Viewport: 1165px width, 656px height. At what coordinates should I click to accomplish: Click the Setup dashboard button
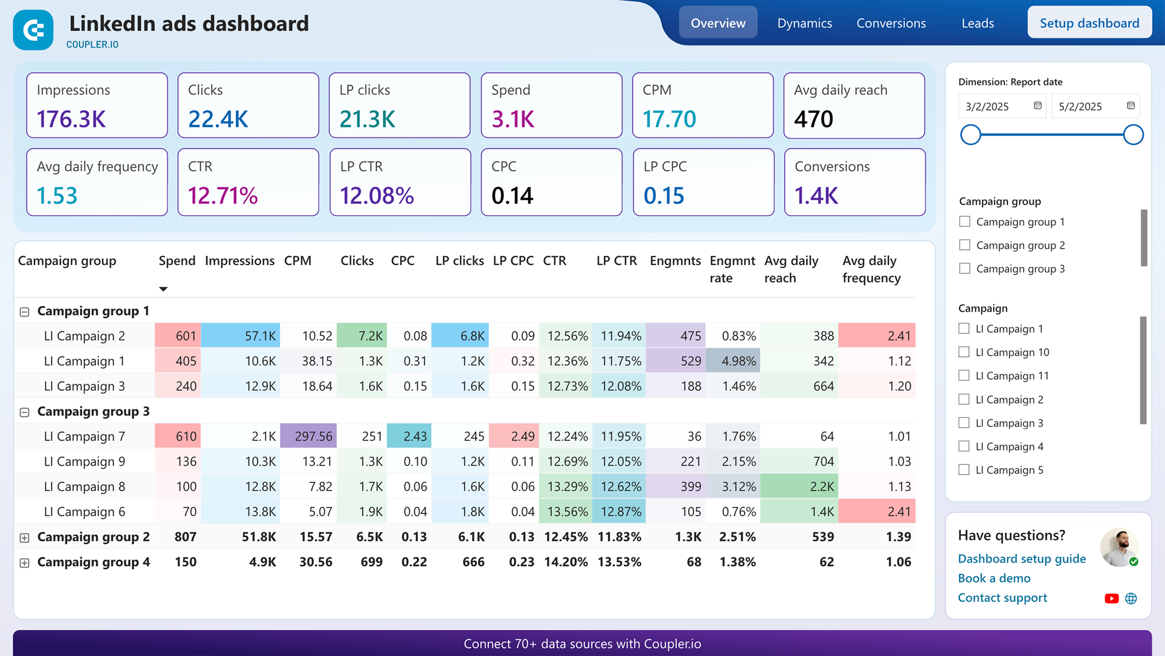[1089, 23]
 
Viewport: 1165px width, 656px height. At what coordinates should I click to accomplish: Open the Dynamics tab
[804, 23]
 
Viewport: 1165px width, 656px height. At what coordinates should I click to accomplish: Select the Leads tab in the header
[978, 23]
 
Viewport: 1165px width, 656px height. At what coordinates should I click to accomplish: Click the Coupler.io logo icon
[33, 30]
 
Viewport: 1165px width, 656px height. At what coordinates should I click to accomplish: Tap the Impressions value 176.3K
[71, 119]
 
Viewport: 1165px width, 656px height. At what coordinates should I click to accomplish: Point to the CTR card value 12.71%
[223, 195]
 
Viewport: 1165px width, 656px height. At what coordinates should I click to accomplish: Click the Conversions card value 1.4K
[816, 195]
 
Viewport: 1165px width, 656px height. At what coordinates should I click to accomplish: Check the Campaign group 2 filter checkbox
[964, 245]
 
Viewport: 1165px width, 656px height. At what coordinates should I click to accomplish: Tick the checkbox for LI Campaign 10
[963, 352]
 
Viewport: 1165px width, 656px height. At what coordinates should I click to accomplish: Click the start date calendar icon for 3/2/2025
[1038, 106]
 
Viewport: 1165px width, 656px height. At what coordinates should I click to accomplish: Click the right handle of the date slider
[1133, 135]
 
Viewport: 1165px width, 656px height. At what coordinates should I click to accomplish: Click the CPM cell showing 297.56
[313, 436]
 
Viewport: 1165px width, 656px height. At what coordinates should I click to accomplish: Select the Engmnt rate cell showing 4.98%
[738, 361]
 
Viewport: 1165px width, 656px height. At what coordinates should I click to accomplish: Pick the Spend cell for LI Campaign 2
[186, 336]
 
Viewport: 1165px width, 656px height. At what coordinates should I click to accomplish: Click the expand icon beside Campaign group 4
[25, 563]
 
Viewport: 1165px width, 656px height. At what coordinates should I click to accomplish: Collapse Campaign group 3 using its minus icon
[25, 412]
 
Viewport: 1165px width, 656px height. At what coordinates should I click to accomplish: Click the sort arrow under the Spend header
[163, 289]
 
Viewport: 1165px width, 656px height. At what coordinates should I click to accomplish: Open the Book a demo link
[994, 578]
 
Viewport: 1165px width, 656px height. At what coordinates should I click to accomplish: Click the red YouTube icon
[1111, 599]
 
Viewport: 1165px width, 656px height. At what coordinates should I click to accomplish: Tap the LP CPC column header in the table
[513, 261]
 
